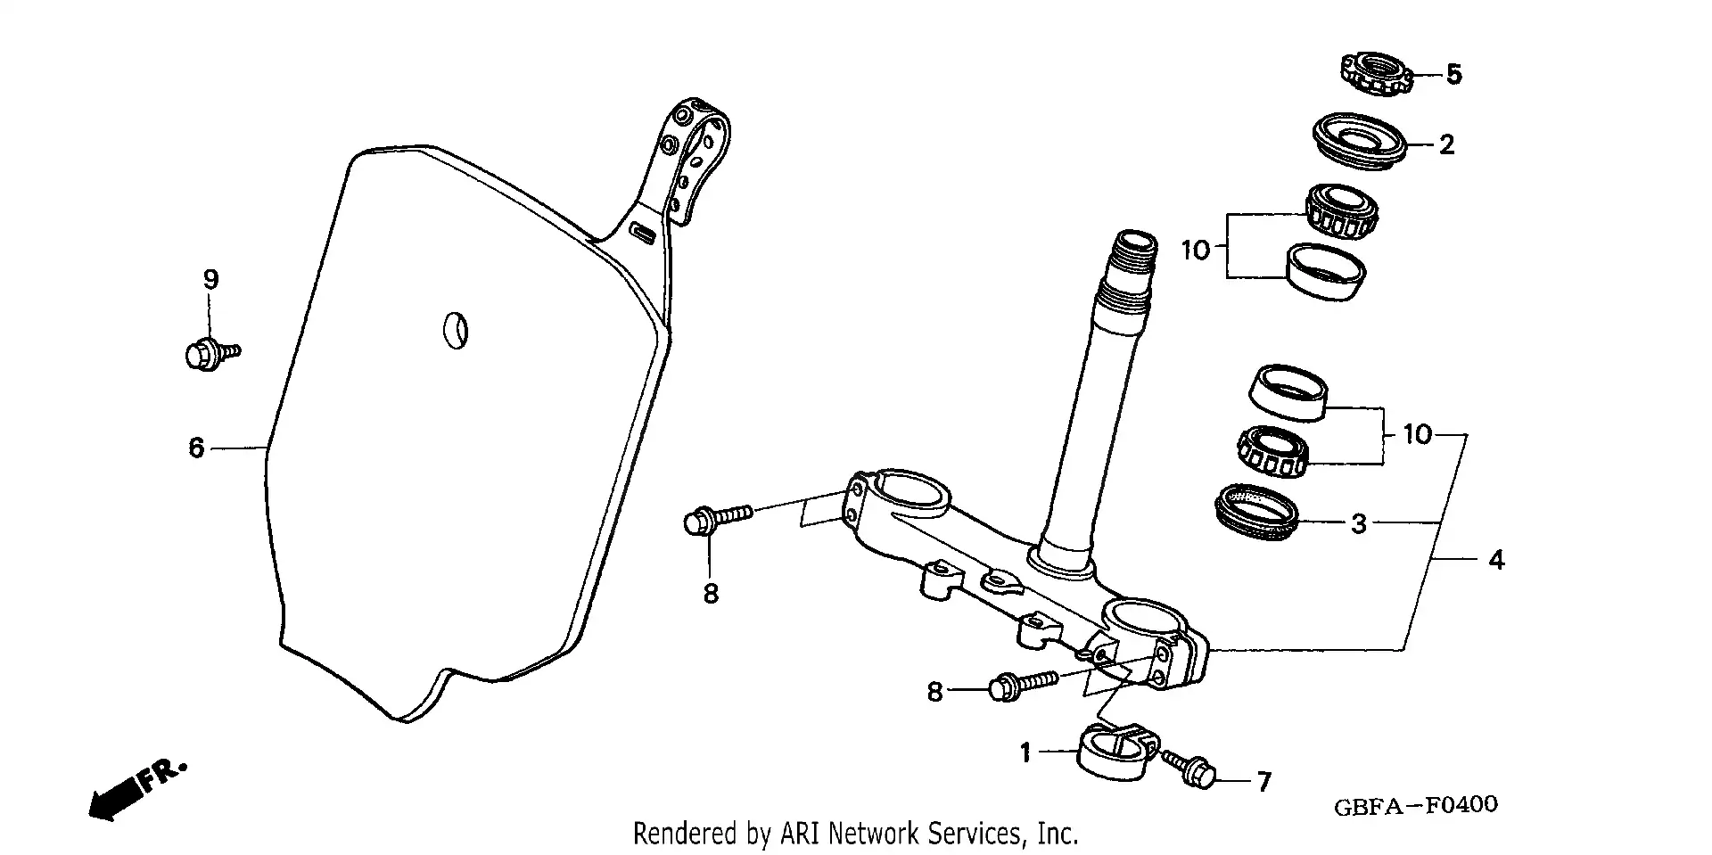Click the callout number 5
(1453, 74)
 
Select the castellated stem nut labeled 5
(1378, 74)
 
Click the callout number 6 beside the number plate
(197, 448)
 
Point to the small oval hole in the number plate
(456, 331)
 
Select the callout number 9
(210, 280)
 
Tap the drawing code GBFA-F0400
(1415, 806)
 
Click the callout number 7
(1263, 782)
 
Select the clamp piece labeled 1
(1115, 754)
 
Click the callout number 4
(1496, 560)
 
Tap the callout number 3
(1358, 524)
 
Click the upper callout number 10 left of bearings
(1196, 251)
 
